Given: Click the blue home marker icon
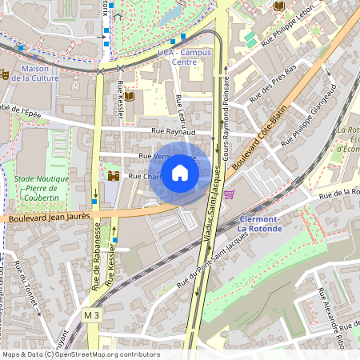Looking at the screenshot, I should point(180,173).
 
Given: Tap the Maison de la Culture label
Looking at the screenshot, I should point(46,74).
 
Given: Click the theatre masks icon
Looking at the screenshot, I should point(4,74).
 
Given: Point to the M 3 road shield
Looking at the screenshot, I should point(93,317).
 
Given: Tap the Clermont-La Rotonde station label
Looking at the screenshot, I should point(260,223).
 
